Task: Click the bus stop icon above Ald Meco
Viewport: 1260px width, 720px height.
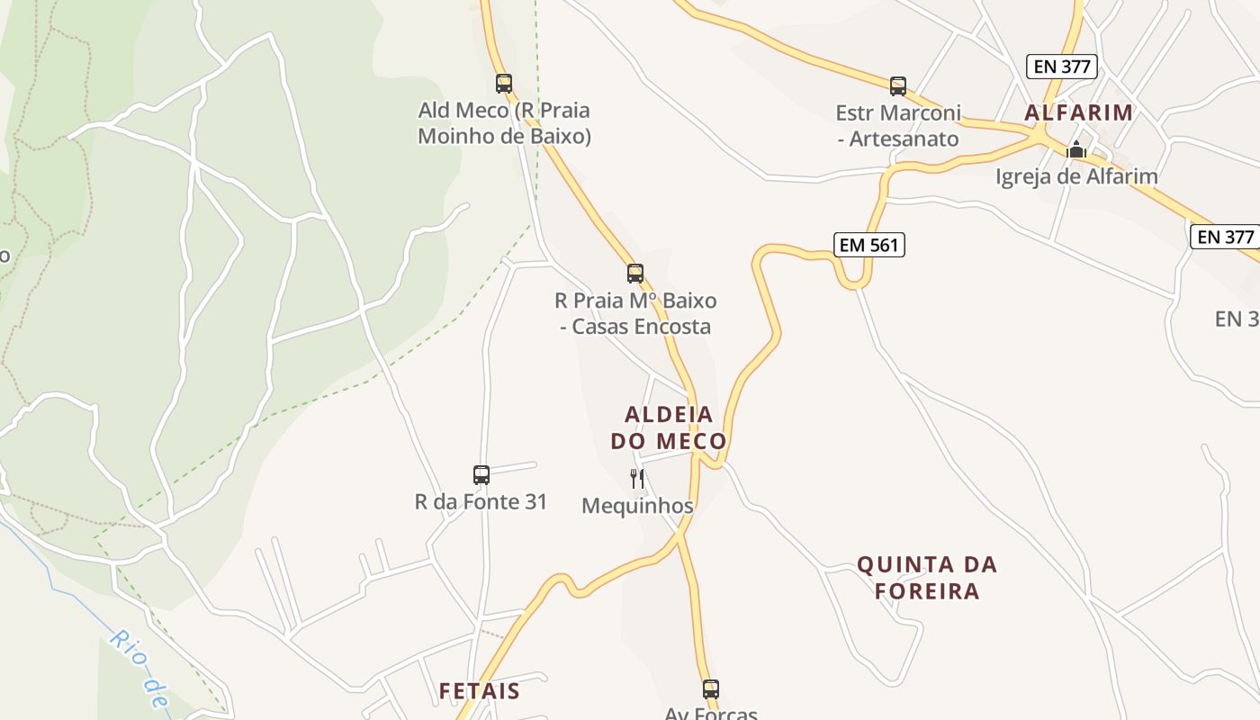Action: (x=504, y=84)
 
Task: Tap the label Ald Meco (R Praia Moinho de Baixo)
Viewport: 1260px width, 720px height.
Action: (x=504, y=123)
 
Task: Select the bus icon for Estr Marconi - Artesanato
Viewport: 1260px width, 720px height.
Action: (x=897, y=86)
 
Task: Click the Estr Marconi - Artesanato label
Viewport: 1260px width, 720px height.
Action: (x=898, y=126)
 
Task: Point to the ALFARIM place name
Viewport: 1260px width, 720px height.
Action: (x=1078, y=112)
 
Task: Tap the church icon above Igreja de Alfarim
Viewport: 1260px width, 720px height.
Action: (x=1076, y=150)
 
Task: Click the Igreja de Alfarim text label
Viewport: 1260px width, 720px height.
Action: (x=1076, y=176)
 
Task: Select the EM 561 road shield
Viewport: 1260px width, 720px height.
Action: (x=868, y=244)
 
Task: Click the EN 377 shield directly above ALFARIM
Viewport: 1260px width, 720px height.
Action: (x=1061, y=66)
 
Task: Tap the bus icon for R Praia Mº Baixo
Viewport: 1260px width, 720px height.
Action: (x=635, y=274)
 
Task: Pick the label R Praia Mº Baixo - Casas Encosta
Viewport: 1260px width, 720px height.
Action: (x=635, y=313)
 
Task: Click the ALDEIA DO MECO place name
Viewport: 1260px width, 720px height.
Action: (x=669, y=427)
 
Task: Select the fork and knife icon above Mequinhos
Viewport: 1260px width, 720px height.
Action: (x=637, y=478)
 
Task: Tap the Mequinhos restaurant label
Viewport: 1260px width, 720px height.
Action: (x=637, y=506)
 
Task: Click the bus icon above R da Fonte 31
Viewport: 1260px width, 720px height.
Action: (x=481, y=474)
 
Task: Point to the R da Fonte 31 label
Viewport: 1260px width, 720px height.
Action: (x=481, y=501)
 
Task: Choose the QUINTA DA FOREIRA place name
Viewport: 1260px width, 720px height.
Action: (x=927, y=578)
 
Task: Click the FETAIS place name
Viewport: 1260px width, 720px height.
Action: (x=480, y=691)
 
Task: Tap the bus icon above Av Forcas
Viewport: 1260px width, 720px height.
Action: (x=711, y=689)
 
